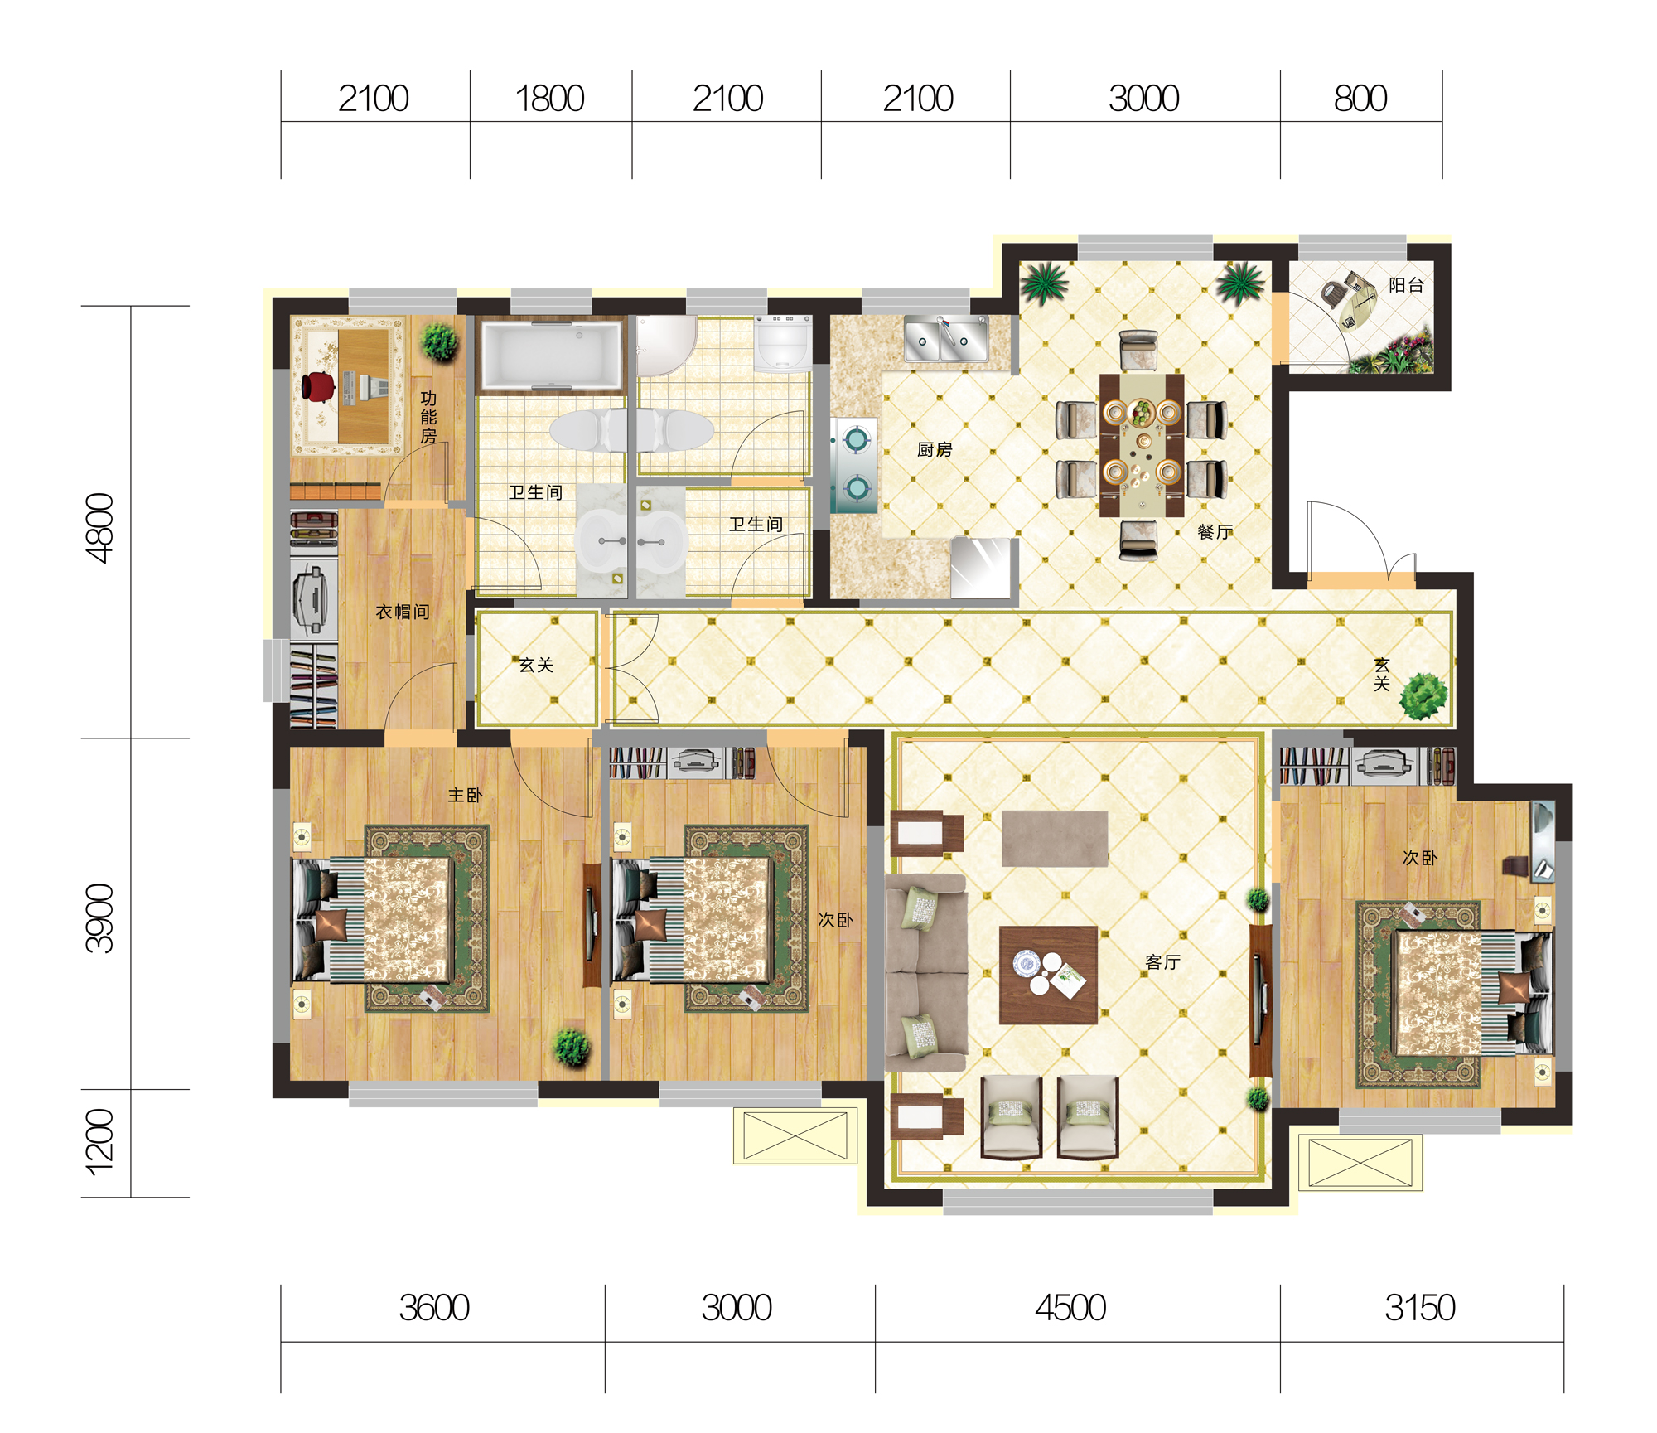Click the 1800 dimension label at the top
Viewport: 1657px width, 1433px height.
(x=550, y=99)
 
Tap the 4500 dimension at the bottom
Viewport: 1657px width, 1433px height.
(x=1070, y=1308)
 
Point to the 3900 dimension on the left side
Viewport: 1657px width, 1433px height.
(x=99, y=918)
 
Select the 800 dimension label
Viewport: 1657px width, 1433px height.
(x=1360, y=99)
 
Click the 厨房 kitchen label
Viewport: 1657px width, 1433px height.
(x=935, y=449)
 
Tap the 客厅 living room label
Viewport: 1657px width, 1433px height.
(x=1162, y=961)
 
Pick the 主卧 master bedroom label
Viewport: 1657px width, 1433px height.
(x=465, y=795)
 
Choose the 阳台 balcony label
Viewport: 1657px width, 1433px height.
(x=1406, y=285)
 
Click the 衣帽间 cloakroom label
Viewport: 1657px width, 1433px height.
(x=403, y=612)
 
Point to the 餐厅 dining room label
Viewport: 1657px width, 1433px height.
(x=1215, y=531)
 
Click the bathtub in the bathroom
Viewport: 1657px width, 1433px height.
(x=552, y=356)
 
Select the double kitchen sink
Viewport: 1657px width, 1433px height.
(x=945, y=339)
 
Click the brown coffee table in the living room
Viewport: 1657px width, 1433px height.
(x=1048, y=975)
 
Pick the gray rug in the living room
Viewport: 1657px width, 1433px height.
(x=1055, y=838)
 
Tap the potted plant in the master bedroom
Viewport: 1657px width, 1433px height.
(x=572, y=1047)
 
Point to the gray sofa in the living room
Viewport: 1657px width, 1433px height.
(x=926, y=973)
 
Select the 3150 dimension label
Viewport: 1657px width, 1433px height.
(x=1420, y=1308)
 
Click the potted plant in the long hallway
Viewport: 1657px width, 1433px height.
(x=1423, y=695)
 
